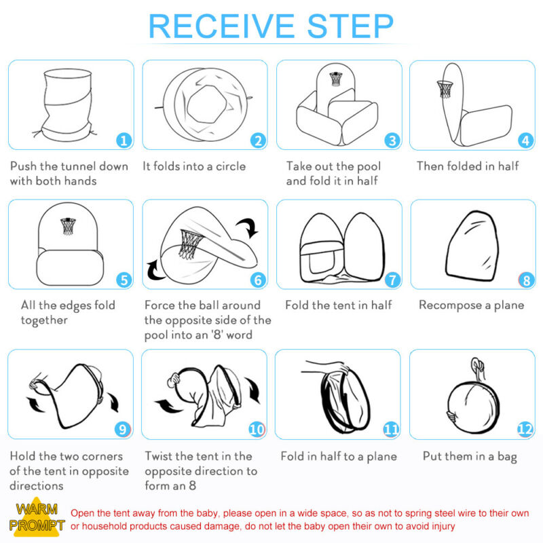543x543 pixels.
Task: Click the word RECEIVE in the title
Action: click(221, 26)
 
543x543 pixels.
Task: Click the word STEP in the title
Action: click(350, 26)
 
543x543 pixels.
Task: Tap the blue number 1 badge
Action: click(124, 141)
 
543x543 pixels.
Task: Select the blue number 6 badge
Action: click(258, 280)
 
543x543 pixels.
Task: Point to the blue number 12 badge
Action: click(525, 430)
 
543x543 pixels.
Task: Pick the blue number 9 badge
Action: click(123, 430)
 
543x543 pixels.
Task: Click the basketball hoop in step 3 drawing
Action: click(336, 79)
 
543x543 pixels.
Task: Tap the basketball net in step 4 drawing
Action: click(445, 89)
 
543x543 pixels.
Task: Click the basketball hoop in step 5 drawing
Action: click(68, 226)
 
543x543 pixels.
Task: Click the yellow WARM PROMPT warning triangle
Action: click(37, 517)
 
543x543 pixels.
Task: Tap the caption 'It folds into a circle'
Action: click(194, 166)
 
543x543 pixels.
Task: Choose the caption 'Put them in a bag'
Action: click(470, 457)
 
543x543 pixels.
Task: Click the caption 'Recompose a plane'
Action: click(471, 305)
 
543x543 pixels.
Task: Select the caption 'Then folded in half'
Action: click(468, 166)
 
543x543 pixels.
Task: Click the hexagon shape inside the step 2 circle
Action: click(207, 104)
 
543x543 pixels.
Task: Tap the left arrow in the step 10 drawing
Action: click(168, 406)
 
